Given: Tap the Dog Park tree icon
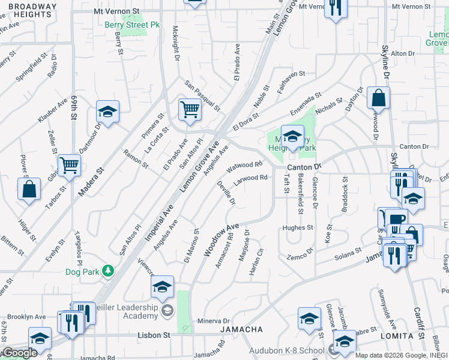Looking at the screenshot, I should tap(108, 271).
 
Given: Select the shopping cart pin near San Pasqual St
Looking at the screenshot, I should tap(190, 110).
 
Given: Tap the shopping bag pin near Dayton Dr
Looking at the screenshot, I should tap(378, 98).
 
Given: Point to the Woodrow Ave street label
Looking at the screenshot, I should tap(221, 239).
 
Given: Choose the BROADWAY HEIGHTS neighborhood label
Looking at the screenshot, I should tap(26, 9).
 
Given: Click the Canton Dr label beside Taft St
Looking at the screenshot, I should tap(304, 166).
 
